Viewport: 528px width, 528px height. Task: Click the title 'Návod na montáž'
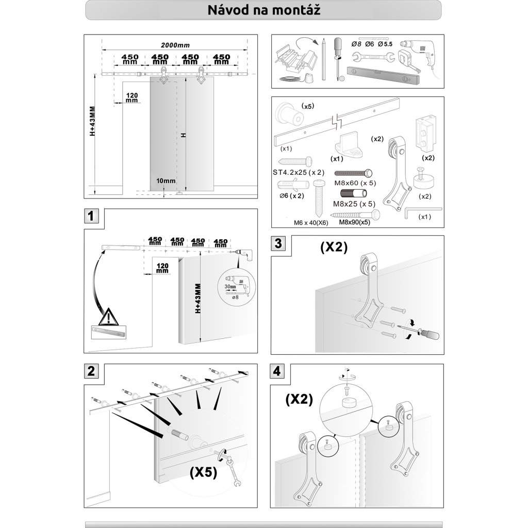click(x=263, y=10)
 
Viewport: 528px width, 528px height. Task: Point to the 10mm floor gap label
click(x=167, y=181)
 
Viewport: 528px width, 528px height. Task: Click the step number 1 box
click(x=91, y=217)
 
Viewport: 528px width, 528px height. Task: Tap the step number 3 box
click(x=278, y=243)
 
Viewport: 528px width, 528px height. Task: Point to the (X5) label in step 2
click(x=203, y=471)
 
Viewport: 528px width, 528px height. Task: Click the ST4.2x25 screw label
click(x=299, y=173)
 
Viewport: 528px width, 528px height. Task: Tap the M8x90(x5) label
click(x=354, y=222)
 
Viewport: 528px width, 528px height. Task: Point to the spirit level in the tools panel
click(x=384, y=75)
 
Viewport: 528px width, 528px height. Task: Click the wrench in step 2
click(x=235, y=472)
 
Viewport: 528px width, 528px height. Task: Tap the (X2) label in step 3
click(x=334, y=247)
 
